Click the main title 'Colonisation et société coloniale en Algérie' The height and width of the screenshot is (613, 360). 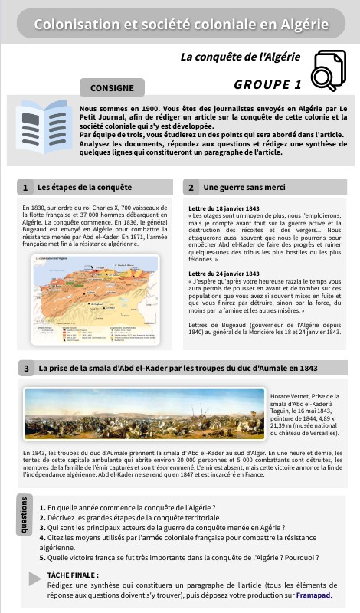tap(181, 25)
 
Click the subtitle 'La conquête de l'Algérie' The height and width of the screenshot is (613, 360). tap(241, 57)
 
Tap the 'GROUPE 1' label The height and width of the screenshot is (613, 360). tap(267, 84)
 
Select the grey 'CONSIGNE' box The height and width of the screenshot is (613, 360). tap(112, 87)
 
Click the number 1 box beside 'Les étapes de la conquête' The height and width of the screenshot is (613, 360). tap(25, 188)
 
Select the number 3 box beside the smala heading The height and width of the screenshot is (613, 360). tap(26, 369)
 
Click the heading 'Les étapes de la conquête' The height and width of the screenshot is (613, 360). tap(84, 188)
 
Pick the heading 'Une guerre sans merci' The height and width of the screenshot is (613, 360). tap(244, 188)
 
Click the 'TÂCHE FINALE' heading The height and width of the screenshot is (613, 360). tap(73, 574)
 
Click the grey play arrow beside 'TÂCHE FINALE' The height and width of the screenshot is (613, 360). tap(34, 579)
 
